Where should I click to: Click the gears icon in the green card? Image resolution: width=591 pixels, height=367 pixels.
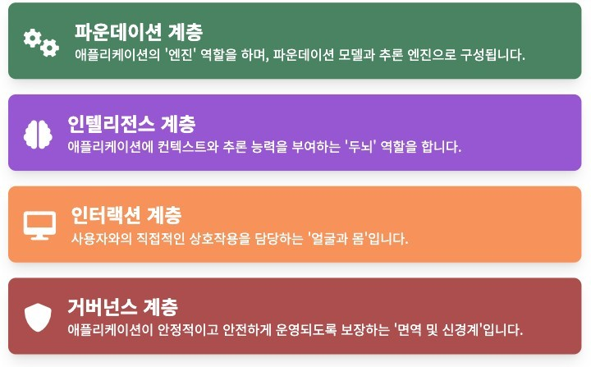pos(40,42)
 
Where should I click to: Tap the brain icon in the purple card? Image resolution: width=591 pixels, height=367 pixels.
pos(38,133)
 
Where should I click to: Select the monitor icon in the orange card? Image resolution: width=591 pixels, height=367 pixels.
pos(39,223)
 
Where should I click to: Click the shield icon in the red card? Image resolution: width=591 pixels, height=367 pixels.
pos(38,316)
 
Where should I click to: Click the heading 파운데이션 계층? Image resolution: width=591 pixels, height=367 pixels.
pos(138,32)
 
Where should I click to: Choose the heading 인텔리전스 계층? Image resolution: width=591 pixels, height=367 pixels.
pos(131,124)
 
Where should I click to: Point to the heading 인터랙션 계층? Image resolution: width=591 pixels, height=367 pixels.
pos(126,216)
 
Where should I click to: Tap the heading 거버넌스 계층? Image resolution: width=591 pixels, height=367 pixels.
pos(122,308)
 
